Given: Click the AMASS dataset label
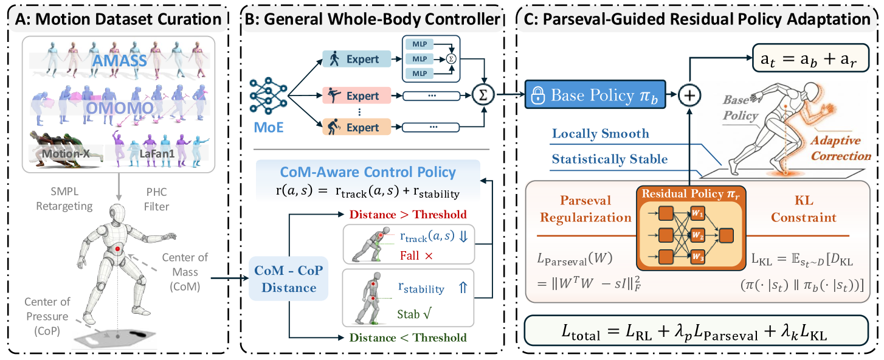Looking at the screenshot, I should (124, 61).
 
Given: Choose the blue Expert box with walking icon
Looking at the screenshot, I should (357, 60).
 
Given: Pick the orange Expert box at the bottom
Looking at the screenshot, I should (357, 127).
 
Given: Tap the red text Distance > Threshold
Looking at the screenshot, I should (407, 214).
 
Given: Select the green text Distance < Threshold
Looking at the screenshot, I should (407, 337).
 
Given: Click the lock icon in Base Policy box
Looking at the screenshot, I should (537, 95).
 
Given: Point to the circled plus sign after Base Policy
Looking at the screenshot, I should (690, 95).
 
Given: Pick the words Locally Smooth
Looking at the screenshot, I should (600, 134).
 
